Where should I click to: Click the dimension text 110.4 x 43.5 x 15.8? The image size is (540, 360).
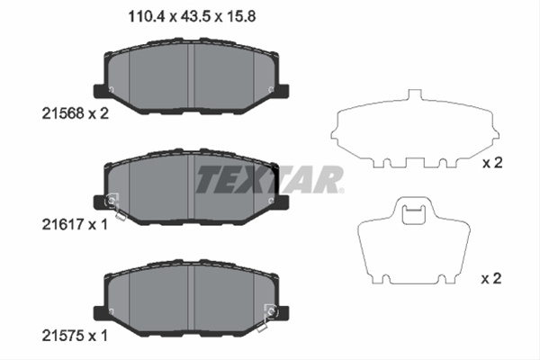[192, 16]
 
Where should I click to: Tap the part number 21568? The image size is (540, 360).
[63, 113]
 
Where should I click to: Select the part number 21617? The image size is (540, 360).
[63, 225]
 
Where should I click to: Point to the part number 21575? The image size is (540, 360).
[63, 336]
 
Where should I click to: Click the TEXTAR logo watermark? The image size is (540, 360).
[270, 179]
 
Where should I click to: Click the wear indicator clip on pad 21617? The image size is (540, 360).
[116, 206]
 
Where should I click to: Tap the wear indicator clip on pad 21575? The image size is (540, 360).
[266, 318]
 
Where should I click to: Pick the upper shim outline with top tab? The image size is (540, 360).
[415, 130]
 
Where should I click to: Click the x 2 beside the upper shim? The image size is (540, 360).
[492, 163]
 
